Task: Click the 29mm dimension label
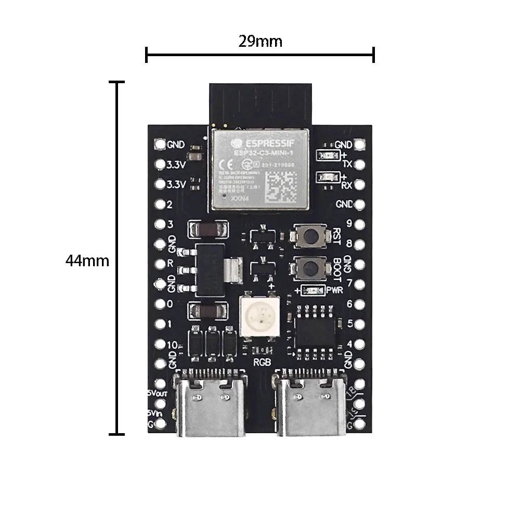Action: (260, 41)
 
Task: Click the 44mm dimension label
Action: (87, 261)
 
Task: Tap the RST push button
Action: (310, 236)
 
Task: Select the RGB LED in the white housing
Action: (258, 315)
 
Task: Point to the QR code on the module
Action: (281, 186)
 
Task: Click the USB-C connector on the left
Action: (210, 406)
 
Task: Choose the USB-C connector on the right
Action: (311, 406)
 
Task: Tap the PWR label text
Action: (335, 291)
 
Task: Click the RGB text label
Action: (261, 362)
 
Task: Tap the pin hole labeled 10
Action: (160, 344)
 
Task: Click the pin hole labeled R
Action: (160, 264)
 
